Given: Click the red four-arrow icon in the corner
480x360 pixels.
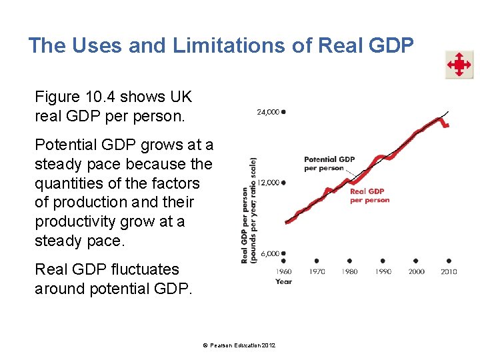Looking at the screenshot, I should point(459,65).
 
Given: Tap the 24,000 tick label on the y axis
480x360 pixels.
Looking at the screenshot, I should point(268,112).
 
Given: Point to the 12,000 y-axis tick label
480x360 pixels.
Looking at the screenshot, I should point(268,182).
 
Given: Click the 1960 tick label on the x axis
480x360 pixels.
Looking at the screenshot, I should point(283,271).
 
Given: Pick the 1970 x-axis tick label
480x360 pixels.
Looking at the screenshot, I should point(317,271).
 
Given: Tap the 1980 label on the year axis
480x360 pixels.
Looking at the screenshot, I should point(349,271).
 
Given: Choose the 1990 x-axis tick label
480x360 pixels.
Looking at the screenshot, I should point(383,271).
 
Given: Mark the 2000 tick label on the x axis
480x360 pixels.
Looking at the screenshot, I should point(415,271).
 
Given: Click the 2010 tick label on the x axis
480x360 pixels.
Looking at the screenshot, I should point(449,271).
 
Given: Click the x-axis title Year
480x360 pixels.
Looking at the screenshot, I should point(283,281).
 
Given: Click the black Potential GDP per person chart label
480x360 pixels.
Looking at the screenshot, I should point(329,163).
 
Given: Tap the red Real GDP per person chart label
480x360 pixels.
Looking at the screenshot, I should point(369,196).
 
